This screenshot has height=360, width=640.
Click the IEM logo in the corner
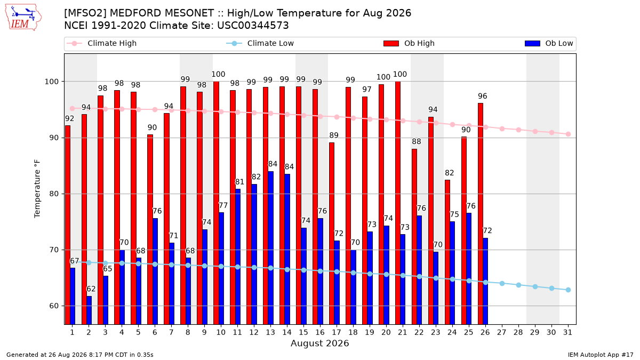23,18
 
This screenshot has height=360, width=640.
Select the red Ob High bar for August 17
332,234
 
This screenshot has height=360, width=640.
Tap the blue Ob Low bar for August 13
270,248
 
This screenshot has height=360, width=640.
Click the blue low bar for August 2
89,310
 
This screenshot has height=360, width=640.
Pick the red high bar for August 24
447,252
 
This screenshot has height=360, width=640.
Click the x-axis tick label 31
567,332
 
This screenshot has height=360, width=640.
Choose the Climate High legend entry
101,43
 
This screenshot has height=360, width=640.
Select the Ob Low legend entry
549,43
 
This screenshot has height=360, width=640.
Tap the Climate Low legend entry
260,43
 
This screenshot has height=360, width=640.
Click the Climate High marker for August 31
569,134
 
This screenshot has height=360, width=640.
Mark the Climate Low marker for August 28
518,285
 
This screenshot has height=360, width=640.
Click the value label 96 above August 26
483,96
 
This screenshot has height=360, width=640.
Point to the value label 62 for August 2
91,289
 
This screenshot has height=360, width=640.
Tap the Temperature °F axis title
37,189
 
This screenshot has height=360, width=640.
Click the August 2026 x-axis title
319,343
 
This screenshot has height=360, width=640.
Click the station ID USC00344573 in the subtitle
253,26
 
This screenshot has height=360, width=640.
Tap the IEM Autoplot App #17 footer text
601,355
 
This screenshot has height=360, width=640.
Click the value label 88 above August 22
417,141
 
